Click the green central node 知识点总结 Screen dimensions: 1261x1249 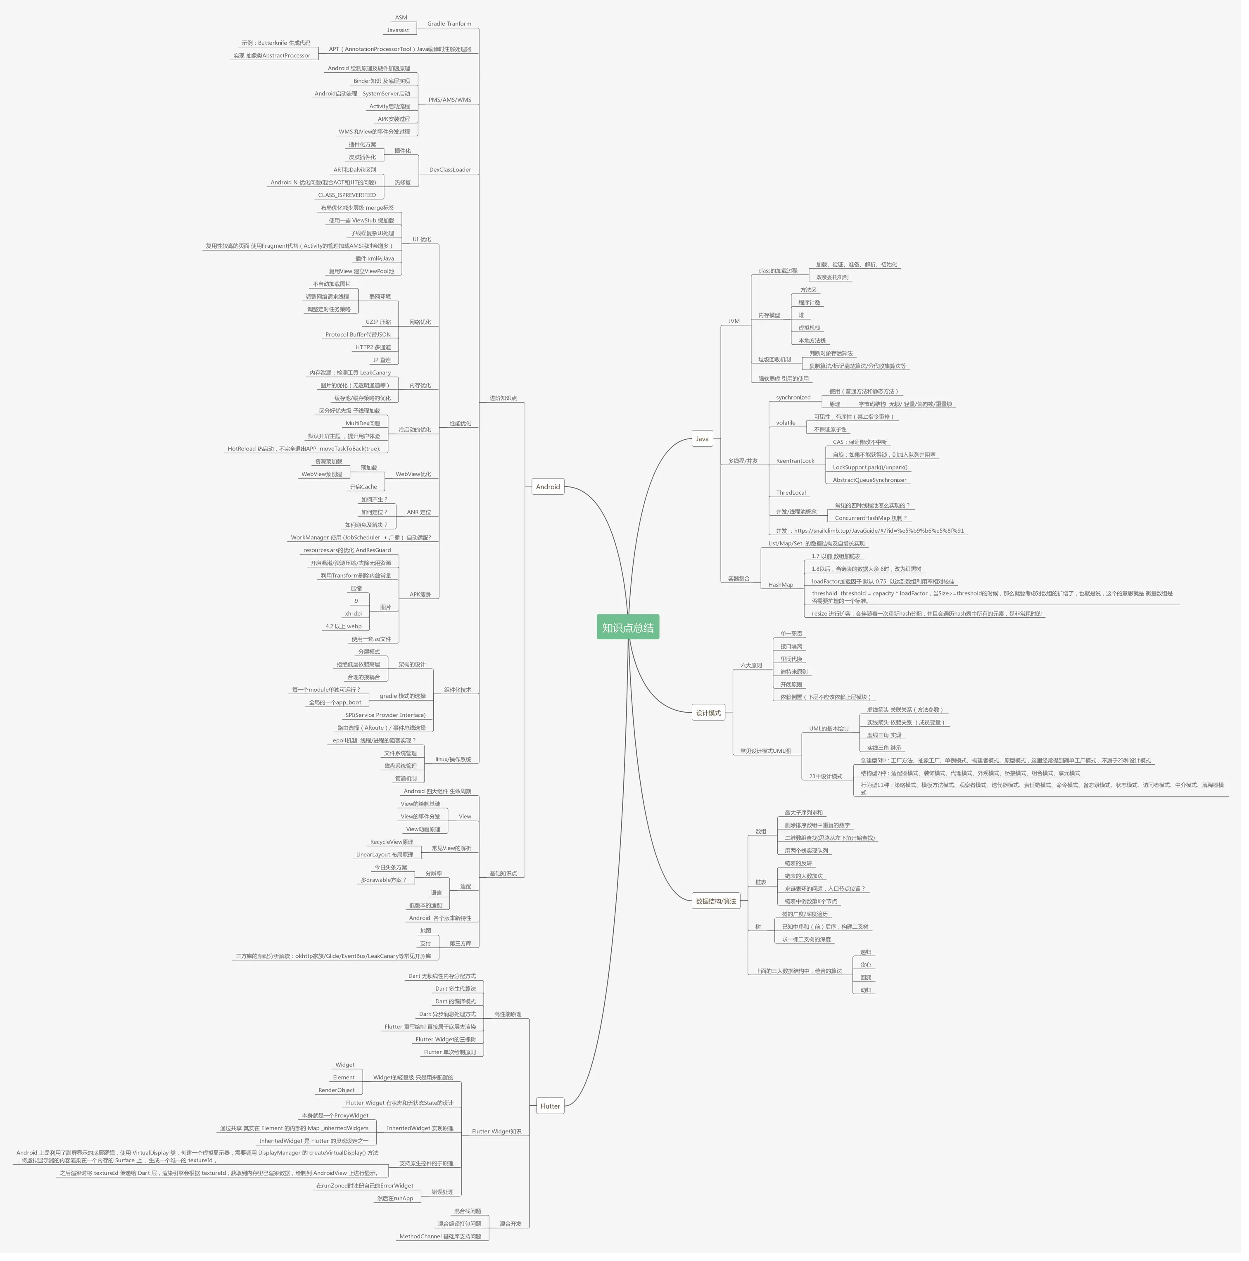pos(627,627)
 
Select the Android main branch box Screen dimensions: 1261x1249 pos(548,487)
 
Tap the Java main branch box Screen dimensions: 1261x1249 pos(702,439)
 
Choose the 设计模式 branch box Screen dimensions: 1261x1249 pos(708,713)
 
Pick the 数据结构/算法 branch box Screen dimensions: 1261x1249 pos(716,901)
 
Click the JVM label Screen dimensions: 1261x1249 pos(734,322)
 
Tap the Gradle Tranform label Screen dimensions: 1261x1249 pos(449,24)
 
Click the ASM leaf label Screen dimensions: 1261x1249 pos(401,18)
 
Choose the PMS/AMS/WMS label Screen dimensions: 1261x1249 pos(449,100)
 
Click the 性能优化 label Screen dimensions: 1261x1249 pos(460,424)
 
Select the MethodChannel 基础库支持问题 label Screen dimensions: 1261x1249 pos(439,1236)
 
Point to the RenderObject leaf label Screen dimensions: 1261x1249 pos(336,1090)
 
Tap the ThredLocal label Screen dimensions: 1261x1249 pos(791,493)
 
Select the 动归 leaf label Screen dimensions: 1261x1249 pos(865,990)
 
